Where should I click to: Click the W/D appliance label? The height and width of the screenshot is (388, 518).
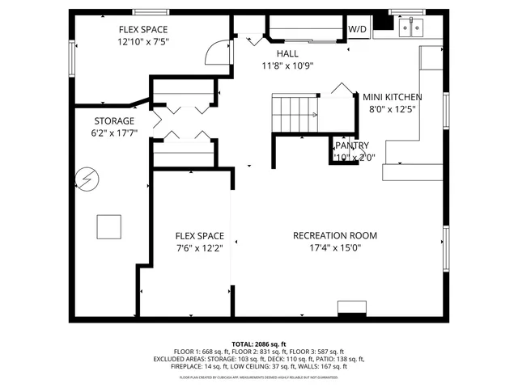point(356,30)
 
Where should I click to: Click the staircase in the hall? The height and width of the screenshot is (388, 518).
point(296,112)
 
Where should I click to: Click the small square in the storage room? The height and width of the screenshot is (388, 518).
point(108,226)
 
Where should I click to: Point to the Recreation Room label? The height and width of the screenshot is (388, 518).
point(335,236)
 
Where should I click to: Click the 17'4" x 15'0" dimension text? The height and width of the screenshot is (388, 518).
point(335,248)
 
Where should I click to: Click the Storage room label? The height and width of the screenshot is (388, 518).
point(113,121)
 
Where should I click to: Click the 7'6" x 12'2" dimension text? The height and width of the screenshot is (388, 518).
point(199,248)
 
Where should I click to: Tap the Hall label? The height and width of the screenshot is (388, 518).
point(287,53)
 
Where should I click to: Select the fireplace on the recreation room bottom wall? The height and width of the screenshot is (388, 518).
point(351,308)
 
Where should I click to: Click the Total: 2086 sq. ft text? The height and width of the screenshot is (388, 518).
point(259,344)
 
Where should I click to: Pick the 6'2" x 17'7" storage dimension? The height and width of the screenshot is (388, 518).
point(113,133)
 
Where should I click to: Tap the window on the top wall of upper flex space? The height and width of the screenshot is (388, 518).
point(147,12)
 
